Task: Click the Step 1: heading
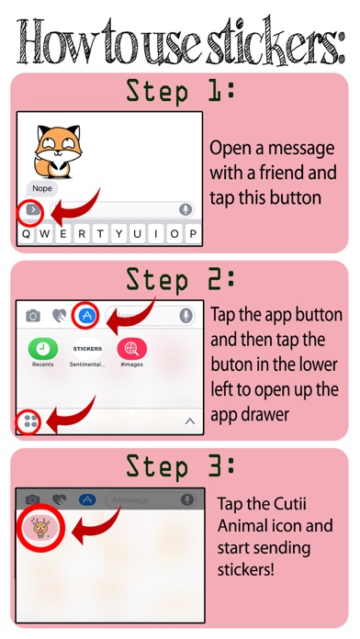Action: (x=180, y=91)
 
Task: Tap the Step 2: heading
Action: (x=180, y=279)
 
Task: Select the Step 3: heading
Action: (x=180, y=466)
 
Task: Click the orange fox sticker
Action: (x=58, y=151)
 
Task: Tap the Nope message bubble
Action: (x=42, y=188)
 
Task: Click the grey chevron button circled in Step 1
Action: (x=33, y=210)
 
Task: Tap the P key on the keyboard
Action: (x=193, y=234)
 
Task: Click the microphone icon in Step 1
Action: (x=186, y=210)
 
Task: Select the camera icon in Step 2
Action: (x=33, y=316)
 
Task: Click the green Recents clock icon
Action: (x=43, y=349)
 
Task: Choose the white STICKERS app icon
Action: (x=87, y=349)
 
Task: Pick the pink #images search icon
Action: (x=132, y=349)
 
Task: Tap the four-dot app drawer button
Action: (x=30, y=421)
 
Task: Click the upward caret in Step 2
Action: (x=190, y=421)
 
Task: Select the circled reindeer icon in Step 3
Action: (x=41, y=527)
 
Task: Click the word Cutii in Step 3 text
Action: (x=290, y=504)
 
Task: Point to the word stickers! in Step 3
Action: (x=245, y=569)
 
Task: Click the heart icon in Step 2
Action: (x=60, y=316)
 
